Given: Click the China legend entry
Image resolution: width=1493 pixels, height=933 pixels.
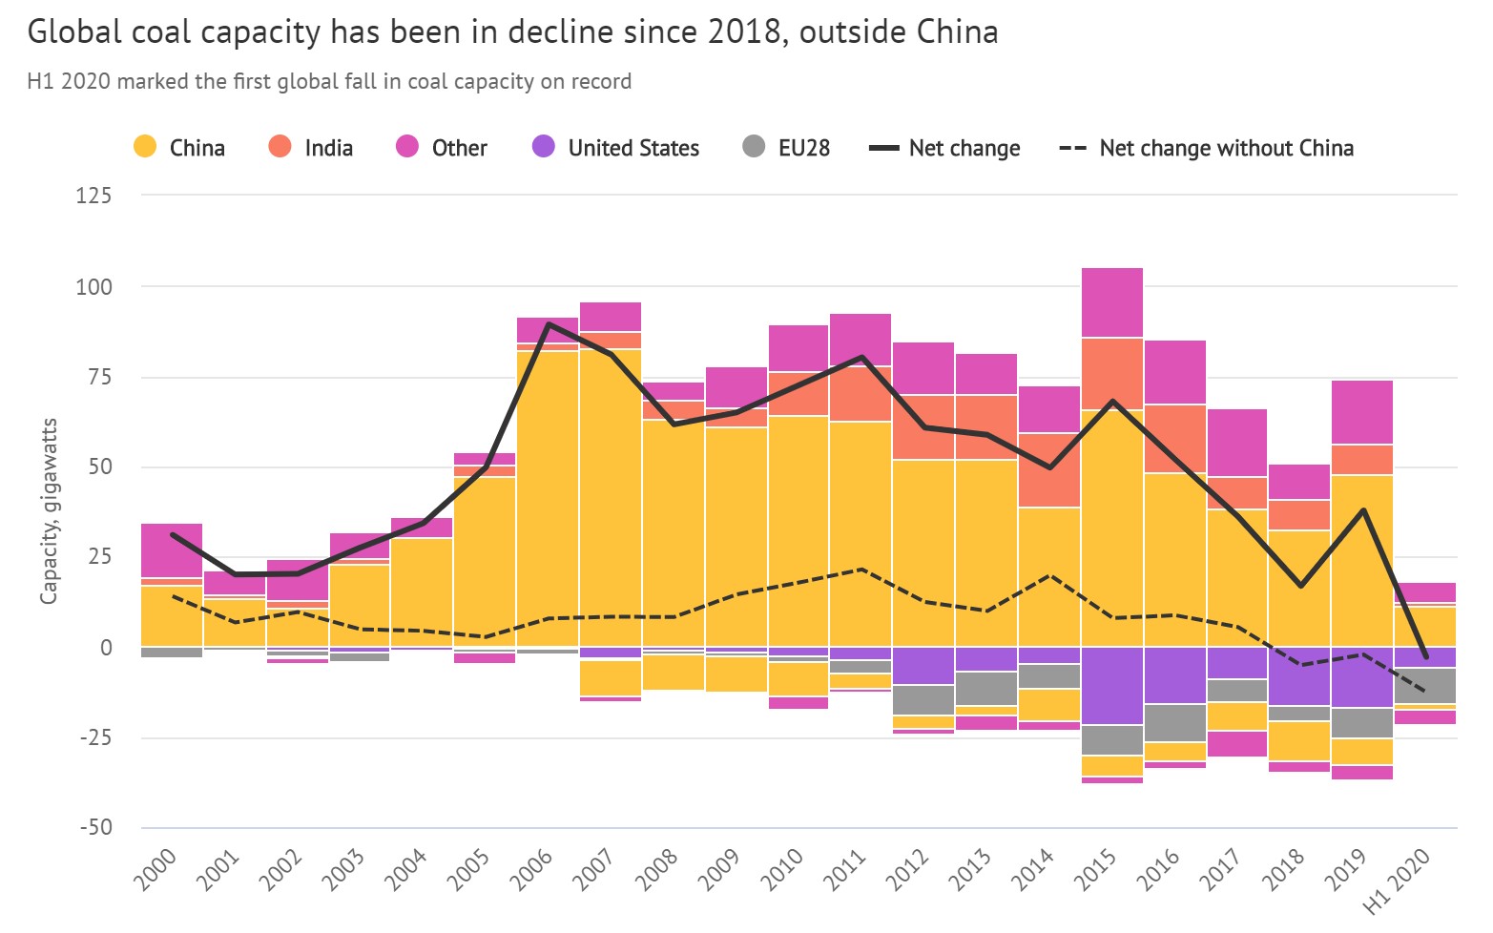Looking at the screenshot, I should [179, 148].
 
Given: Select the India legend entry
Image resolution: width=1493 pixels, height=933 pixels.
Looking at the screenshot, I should [311, 148].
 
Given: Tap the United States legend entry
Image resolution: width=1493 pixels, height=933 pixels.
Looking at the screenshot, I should [615, 148].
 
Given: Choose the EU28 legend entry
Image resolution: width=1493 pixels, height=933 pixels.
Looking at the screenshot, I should [786, 148].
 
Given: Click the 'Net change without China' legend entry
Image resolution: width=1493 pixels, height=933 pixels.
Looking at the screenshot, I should [1207, 148].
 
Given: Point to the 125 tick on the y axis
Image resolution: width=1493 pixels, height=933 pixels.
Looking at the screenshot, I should [93, 196].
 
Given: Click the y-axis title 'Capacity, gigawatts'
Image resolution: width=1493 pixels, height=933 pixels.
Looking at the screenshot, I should [49, 510].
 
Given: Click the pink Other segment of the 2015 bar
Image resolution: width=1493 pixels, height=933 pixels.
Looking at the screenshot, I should [1112, 302].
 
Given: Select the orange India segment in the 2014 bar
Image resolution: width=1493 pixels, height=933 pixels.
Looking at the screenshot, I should [1049, 470].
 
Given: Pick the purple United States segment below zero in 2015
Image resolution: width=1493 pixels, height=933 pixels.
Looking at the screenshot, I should [1112, 686].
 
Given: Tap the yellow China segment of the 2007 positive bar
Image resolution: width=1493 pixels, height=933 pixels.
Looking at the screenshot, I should [611, 496].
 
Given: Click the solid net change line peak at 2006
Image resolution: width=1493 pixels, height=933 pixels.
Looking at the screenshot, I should [549, 324].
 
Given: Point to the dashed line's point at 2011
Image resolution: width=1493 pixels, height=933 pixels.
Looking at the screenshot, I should [861, 570].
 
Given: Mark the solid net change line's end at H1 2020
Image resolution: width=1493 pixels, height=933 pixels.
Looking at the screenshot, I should [1425, 656].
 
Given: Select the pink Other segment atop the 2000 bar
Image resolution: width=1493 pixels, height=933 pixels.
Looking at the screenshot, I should [172, 550].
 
